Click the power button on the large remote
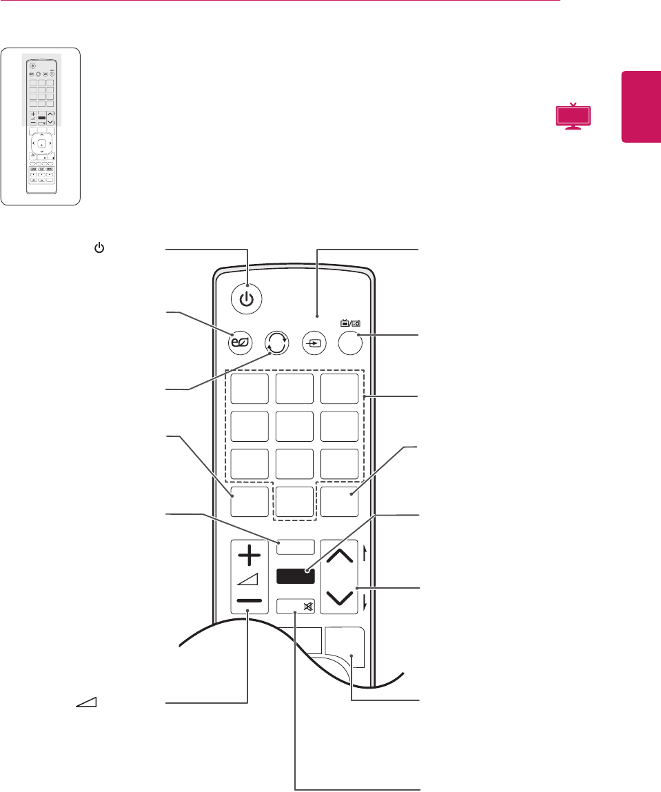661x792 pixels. point(247,300)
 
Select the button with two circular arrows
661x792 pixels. point(275,343)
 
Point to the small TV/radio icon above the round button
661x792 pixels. point(349,321)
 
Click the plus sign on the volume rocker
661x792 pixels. point(249,556)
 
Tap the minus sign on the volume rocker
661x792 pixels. point(249,600)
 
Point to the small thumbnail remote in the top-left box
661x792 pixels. point(41,126)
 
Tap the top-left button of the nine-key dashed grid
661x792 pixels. point(249,391)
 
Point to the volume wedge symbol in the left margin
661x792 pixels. point(86,702)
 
